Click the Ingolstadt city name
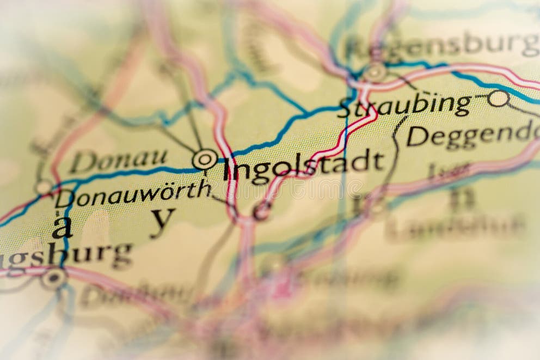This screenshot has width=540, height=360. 304,164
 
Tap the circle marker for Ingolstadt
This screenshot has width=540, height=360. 205,159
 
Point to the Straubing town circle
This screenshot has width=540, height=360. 498,98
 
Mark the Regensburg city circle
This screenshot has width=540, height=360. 375,72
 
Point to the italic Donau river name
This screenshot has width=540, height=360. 119,160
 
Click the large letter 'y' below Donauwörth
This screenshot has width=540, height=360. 162,221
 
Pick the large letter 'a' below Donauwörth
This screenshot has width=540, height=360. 62,227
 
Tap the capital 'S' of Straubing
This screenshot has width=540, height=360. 344,108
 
